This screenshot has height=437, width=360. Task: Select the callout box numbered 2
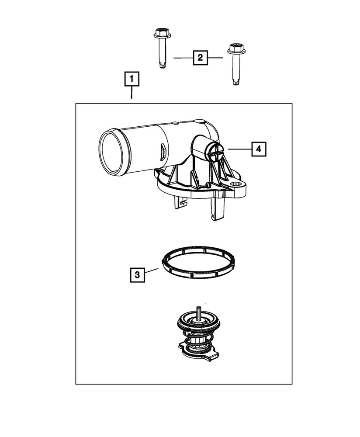pos(200,57)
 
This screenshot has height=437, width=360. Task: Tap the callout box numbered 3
pos(137,275)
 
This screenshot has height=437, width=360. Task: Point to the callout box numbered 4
pos(258,149)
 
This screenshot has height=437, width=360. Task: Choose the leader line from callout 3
pos(151,272)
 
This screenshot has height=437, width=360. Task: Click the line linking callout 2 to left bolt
pos(183,57)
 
